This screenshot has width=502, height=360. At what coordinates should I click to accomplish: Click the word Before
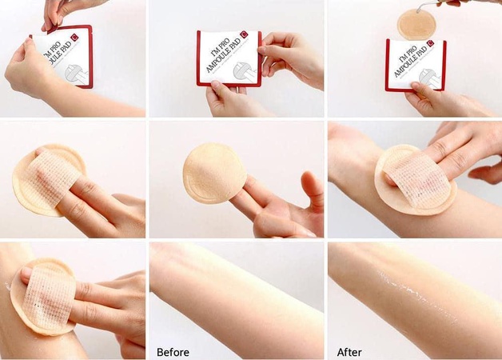(x=173, y=351)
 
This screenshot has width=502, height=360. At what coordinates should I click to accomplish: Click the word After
(x=349, y=351)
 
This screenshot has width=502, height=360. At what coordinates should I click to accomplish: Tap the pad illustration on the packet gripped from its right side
(x=243, y=73)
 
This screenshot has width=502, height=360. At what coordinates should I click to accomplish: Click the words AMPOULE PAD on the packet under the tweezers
(x=408, y=59)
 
